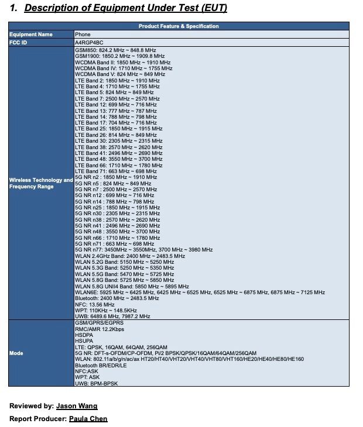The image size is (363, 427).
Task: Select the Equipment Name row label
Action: point(31,35)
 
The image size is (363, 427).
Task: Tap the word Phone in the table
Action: point(83,35)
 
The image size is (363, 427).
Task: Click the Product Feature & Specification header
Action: point(179,26)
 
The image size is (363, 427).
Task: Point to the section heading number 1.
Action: point(13,8)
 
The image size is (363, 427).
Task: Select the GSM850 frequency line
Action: point(115,51)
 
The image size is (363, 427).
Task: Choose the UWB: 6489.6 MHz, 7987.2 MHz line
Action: point(112,316)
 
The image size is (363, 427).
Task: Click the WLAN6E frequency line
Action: point(200,292)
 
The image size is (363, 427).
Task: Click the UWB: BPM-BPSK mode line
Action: point(100,383)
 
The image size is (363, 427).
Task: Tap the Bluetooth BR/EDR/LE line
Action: point(105,365)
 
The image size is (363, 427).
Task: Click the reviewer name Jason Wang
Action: point(77,406)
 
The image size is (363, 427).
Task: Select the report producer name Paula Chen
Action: point(88,419)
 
